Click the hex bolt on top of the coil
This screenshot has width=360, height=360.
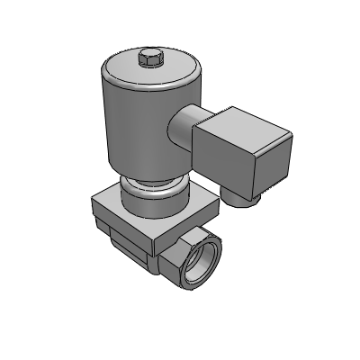click(149, 60)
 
